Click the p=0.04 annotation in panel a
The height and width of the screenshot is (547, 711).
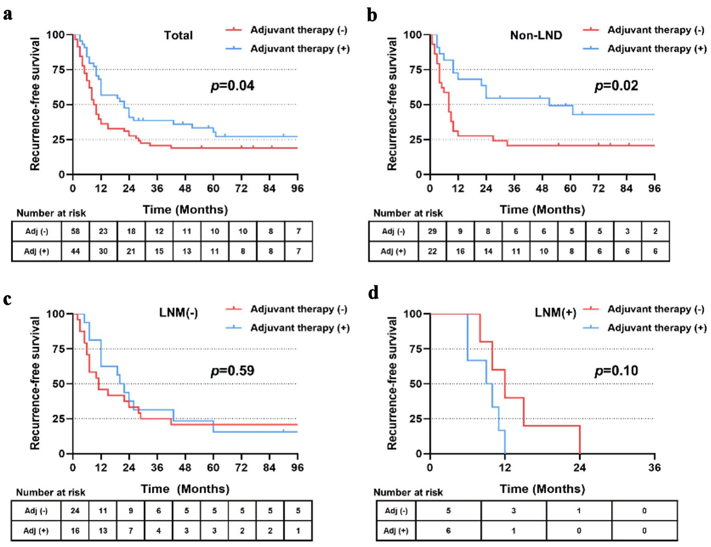(232, 86)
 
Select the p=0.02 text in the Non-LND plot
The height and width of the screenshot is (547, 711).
(616, 86)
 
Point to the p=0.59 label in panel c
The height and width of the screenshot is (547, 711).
(232, 371)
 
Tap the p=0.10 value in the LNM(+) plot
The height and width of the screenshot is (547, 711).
(616, 371)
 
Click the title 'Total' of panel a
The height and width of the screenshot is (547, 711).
(178, 35)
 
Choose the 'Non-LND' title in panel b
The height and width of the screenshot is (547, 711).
(536, 35)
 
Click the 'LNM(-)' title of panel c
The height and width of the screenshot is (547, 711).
(178, 312)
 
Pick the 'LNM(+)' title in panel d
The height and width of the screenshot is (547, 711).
(555, 313)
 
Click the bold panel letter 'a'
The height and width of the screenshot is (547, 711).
(8, 14)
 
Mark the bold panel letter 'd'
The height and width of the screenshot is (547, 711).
(373, 293)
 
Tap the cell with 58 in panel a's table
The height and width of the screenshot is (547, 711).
(75, 231)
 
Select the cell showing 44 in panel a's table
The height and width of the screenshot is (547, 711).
(75, 251)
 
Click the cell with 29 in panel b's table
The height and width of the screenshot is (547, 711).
(432, 231)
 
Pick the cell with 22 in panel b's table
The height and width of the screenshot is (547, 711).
(432, 251)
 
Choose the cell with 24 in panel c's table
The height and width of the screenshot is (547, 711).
(75, 511)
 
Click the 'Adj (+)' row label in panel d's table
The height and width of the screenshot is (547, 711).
(396, 531)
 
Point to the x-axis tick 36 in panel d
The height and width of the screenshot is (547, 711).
(654, 468)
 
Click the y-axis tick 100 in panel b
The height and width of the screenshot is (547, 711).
(412, 35)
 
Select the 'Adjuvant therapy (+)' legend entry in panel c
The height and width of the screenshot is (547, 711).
(299, 328)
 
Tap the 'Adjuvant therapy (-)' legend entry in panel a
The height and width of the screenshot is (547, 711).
(298, 30)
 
